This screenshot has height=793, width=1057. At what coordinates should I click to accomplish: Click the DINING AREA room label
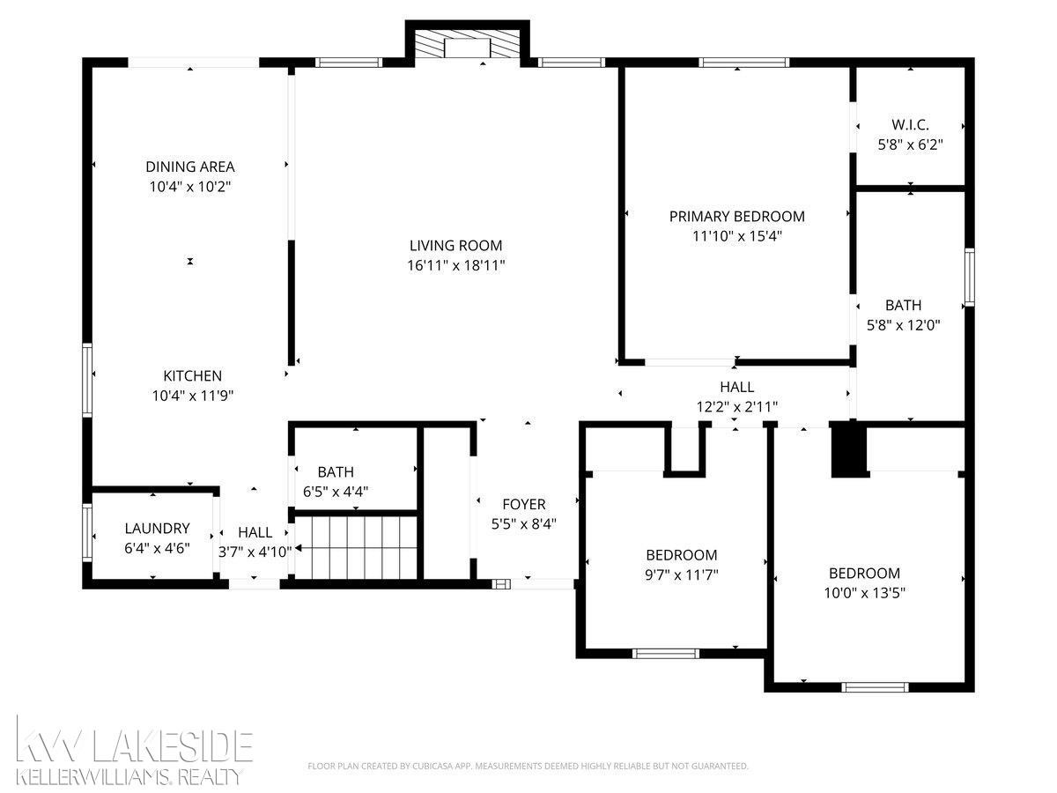click(x=190, y=167)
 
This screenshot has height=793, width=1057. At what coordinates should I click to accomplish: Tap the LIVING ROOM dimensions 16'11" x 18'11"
click(x=456, y=265)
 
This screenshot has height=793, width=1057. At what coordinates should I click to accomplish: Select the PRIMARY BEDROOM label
click(x=736, y=216)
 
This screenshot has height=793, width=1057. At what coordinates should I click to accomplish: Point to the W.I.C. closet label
click(x=910, y=125)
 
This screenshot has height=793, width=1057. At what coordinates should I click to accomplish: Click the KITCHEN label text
click(x=193, y=375)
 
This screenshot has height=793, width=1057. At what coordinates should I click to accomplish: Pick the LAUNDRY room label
click(x=157, y=528)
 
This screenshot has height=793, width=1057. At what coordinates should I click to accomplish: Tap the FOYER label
click(x=524, y=504)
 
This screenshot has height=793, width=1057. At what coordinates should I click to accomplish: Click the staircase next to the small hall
click(x=356, y=547)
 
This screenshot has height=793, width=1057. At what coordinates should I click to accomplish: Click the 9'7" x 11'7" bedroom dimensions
click(x=682, y=574)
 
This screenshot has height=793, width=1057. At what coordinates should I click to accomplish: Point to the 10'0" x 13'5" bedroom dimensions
click(x=864, y=593)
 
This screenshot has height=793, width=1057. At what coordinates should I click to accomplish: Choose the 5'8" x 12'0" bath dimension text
click(x=904, y=325)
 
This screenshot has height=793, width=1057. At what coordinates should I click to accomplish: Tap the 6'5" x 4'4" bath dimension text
click(x=336, y=492)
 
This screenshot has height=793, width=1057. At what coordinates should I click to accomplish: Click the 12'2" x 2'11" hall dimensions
click(x=736, y=407)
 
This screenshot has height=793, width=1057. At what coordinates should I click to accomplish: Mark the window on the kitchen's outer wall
click(x=87, y=380)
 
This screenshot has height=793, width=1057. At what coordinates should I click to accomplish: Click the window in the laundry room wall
click(x=87, y=532)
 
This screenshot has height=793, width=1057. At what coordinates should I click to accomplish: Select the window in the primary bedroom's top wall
click(x=744, y=62)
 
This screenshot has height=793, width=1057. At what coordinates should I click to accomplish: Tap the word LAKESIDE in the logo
click(x=172, y=747)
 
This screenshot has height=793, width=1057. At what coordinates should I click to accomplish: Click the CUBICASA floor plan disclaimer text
click(x=528, y=766)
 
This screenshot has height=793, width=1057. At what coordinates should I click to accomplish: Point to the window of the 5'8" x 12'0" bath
click(x=970, y=277)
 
